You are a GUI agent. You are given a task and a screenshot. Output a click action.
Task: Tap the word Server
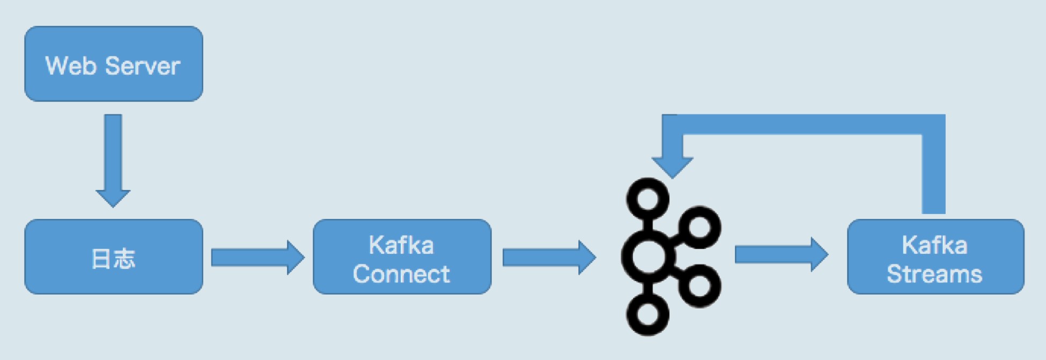143,66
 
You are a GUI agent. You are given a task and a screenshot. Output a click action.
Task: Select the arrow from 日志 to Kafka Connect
256,258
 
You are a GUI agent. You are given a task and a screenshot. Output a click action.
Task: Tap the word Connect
401,274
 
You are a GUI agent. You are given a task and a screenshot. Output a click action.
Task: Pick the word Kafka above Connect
401,245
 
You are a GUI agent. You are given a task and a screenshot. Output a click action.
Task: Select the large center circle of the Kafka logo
648,256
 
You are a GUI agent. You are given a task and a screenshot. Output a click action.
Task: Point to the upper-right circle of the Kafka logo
699,227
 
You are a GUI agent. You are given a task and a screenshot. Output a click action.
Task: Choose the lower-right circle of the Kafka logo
699,285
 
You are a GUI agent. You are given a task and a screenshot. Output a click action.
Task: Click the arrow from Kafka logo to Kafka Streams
780,254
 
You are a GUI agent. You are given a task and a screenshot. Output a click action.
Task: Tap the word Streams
934,274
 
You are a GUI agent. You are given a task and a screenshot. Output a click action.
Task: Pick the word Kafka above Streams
934,245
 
